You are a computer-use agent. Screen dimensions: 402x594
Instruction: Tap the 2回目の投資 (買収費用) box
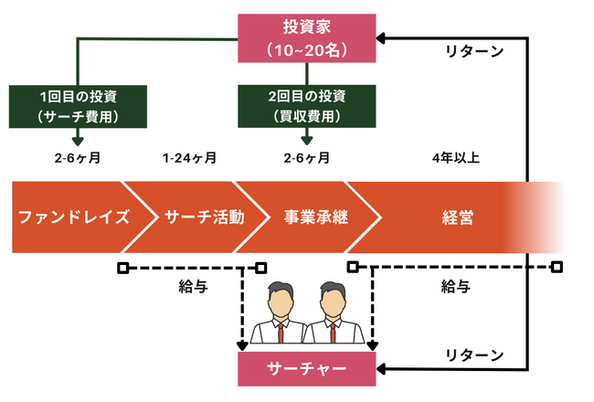pos(306,105)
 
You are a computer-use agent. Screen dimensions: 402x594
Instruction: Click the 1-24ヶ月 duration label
pos(189,158)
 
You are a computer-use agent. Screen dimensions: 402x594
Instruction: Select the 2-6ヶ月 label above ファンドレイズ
pos(77,158)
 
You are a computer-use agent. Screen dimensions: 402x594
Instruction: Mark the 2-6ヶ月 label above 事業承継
pos(306,158)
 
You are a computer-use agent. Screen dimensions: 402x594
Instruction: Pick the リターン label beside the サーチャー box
pos(472,354)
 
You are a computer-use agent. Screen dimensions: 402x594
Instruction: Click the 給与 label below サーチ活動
pos(192,287)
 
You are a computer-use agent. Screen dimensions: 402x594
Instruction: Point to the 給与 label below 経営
pos(455,287)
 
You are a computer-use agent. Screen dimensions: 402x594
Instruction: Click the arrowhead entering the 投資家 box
pos(382,38)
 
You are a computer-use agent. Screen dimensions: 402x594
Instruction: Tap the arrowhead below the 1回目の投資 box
pos(77,141)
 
